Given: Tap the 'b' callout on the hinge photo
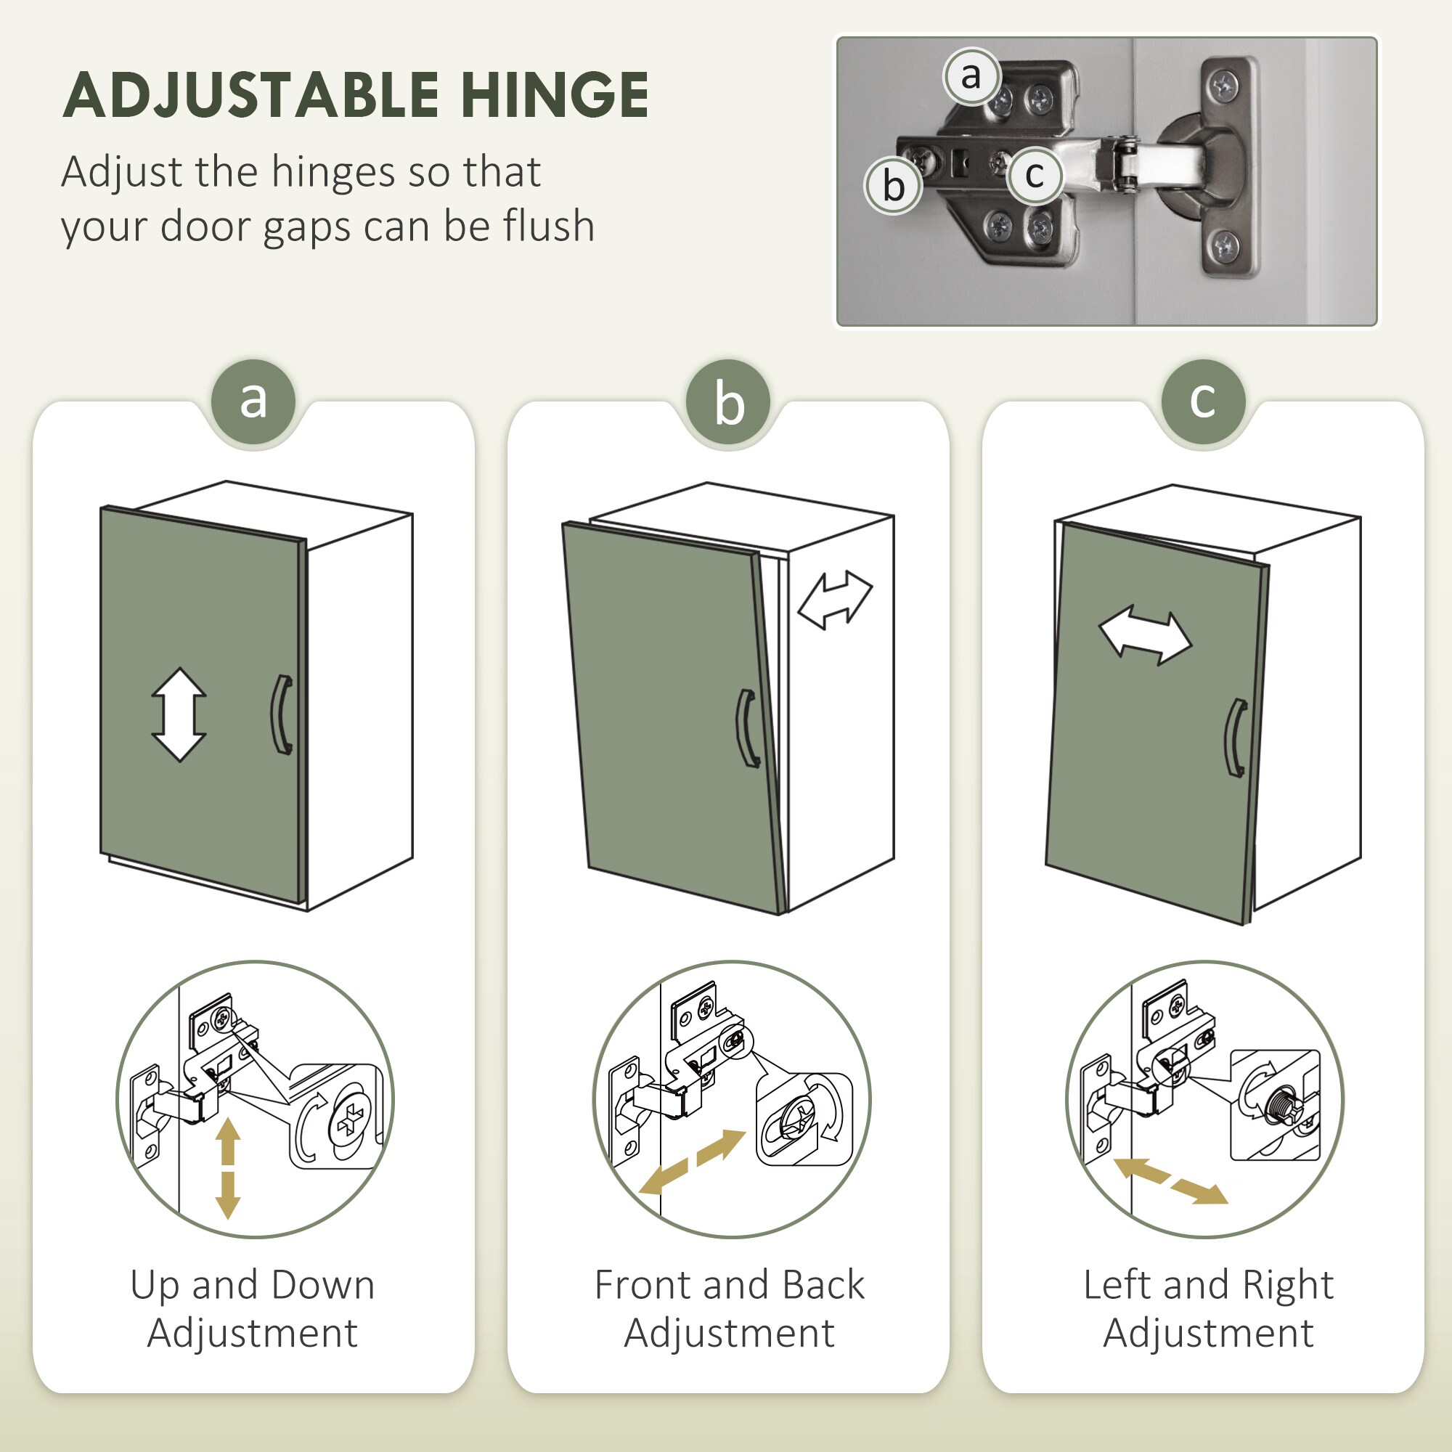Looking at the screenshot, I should coord(893,185).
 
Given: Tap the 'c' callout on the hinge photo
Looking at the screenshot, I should coord(1034,175).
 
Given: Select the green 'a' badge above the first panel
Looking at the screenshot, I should coord(253,401).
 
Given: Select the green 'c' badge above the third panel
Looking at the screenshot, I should coord(1202,401).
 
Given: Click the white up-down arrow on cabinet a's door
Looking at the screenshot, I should coord(179,714).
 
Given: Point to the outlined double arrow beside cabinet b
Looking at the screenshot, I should coord(834,599).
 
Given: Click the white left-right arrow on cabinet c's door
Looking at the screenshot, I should coord(1145,636).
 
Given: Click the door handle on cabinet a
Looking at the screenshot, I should coord(282,714).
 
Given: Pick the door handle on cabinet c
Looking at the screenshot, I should coord(1236,738).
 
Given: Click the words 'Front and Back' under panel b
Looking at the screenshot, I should coord(729,1284).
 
